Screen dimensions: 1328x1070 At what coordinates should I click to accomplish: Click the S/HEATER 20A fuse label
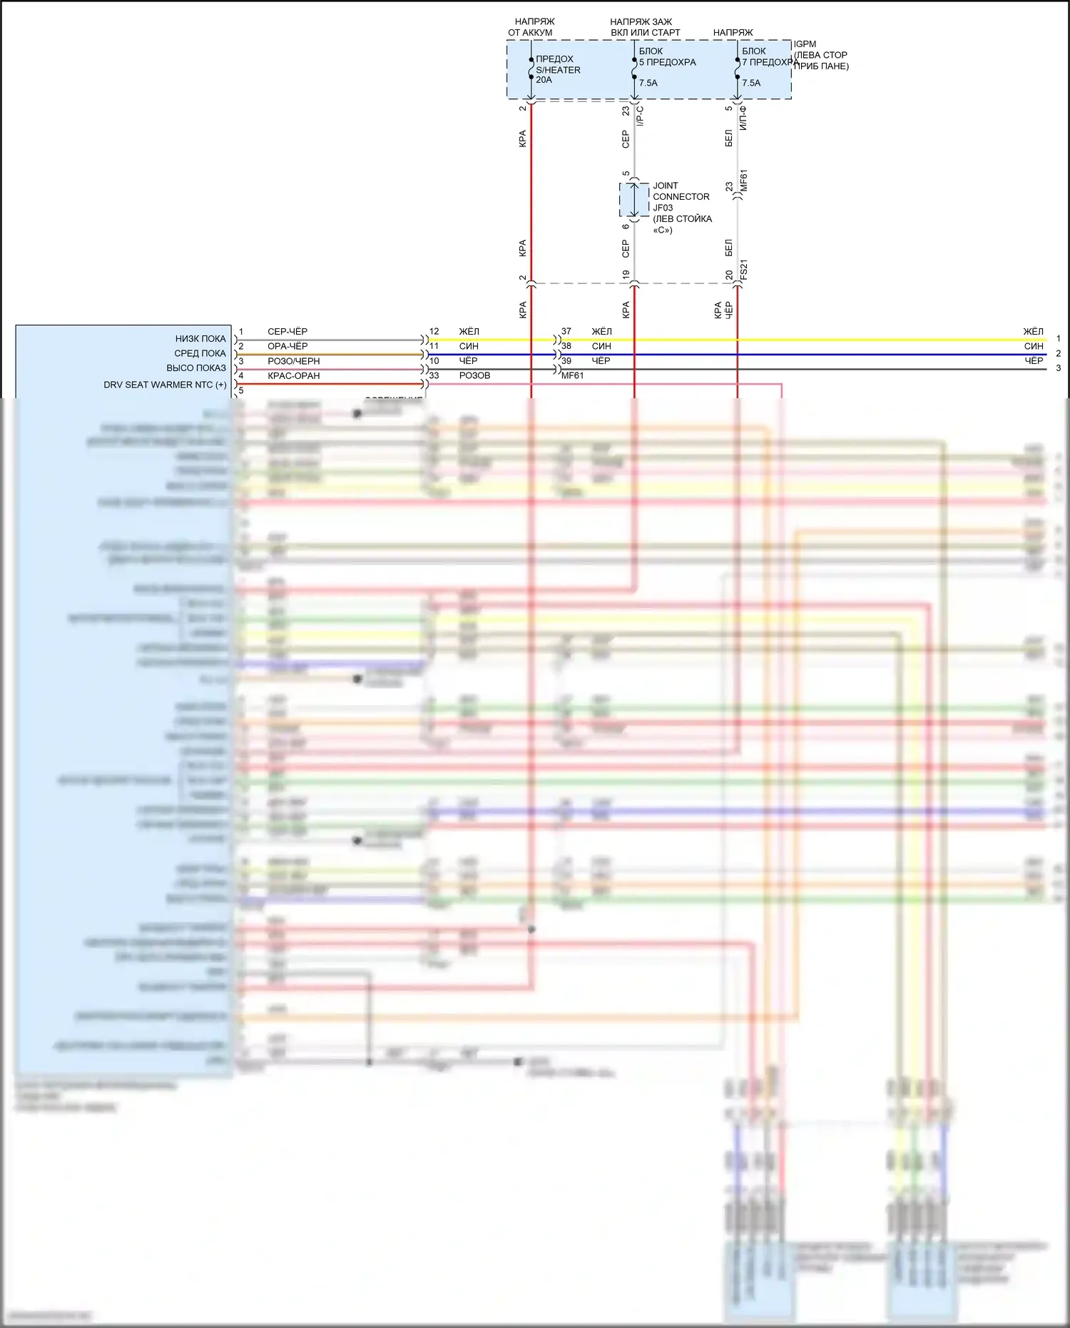pyautogui.click(x=557, y=69)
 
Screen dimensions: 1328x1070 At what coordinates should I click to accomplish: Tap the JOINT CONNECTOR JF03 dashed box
pyautogui.click(x=634, y=200)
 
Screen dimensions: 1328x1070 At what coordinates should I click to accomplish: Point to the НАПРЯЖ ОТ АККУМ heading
pyautogui.click(x=531, y=27)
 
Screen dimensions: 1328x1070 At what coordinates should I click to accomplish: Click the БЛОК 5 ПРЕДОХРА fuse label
pyautogui.click(x=666, y=57)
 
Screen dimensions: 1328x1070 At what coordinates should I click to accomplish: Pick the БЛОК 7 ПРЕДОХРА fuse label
pyautogui.click(x=768, y=57)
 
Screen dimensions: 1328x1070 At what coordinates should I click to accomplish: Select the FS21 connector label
pyautogui.click(x=744, y=270)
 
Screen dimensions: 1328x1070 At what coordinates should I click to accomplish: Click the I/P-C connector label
pyautogui.click(x=640, y=116)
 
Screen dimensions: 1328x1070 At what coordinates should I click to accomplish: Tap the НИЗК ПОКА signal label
pyautogui.click(x=200, y=339)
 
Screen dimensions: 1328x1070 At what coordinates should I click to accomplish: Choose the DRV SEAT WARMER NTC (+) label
pyautogui.click(x=165, y=385)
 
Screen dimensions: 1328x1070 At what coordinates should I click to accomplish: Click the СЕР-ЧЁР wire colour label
pyautogui.click(x=287, y=332)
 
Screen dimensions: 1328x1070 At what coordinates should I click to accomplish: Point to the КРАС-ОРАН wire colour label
pyautogui.click(x=293, y=376)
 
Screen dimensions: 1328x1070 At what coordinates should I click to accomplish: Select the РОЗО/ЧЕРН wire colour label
pyautogui.click(x=293, y=361)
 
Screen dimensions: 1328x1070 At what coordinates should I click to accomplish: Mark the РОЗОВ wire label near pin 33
pyautogui.click(x=474, y=375)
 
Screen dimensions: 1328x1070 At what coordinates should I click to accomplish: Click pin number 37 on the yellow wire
pyautogui.click(x=566, y=332)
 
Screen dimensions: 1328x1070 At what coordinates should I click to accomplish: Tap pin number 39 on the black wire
pyautogui.click(x=566, y=361)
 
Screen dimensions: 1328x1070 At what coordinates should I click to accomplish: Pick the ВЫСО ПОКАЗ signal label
pyautogui.click(x=196, y=368)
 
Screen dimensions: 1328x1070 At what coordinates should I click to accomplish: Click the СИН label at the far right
pyautogui.click(x=1034, y=346)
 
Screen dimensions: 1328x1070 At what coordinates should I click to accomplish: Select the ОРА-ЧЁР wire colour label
pyautogui.click(x=287, y=346)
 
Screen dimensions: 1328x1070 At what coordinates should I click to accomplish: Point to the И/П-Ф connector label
pyautogui.click(x=743, y=118)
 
